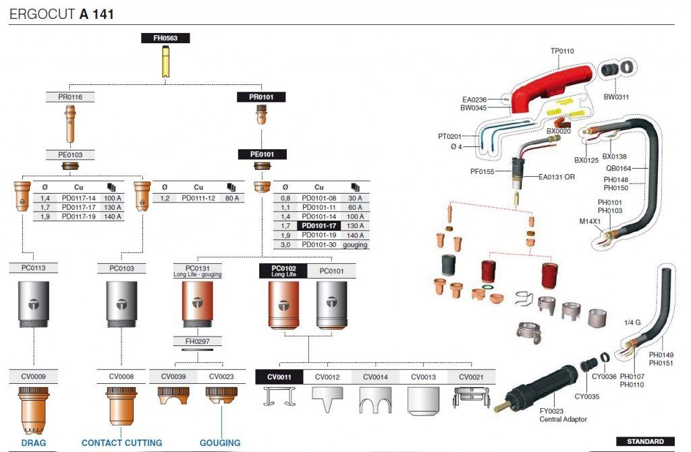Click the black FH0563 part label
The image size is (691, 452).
click(x=165, y=38)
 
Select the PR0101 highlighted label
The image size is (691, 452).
click(x=261, y=97)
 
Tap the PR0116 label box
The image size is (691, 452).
click(x=70, y=97)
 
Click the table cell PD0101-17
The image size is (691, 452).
click(x=319, y=225)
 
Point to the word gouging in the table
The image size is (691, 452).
click(x=355, y=245)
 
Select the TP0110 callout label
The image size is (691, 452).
click(x=562, y=51)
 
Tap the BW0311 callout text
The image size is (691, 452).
click(x=616, y=97)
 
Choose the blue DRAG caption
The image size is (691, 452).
click(x=34, y=443)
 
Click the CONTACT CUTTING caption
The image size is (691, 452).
click(x=121, y=443)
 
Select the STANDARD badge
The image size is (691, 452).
click(x=645, y=441)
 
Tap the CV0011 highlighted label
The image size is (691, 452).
click(x=279, y=377)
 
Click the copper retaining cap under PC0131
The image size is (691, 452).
click(x=198, y=306)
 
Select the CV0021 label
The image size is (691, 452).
click(x=471, y=377)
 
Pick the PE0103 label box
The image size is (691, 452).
click(x=70, y=154)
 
